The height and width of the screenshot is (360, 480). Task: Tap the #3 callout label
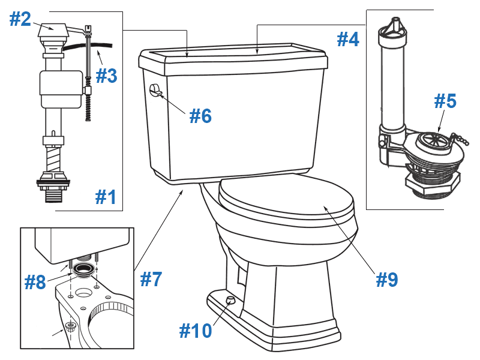pos(106,76)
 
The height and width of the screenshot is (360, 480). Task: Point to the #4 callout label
pos(347,39)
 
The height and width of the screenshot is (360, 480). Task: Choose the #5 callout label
pos(445,101)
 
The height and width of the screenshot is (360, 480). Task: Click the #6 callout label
pos(200,115)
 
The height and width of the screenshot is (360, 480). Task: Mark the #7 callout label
pos(151,278)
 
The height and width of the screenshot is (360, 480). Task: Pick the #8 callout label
pos(35,282)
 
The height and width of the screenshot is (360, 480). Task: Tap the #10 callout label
pos(196,329)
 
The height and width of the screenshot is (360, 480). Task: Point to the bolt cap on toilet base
pos(229,300)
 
